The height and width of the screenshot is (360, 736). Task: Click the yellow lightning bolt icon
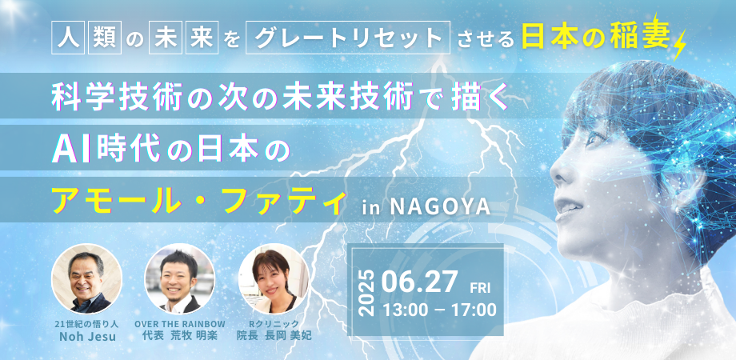679,45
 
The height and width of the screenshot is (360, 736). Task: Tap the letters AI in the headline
66,150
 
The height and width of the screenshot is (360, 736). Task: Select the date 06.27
419,281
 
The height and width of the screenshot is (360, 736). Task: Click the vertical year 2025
367,293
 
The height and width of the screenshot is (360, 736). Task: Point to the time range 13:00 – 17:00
439,310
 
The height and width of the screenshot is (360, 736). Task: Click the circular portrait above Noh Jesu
86,278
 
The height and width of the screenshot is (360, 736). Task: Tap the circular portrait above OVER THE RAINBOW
179,278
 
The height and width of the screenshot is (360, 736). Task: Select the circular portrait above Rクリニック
274,278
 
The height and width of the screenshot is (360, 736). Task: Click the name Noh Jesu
87,337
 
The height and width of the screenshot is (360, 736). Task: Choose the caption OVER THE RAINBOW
180,324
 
